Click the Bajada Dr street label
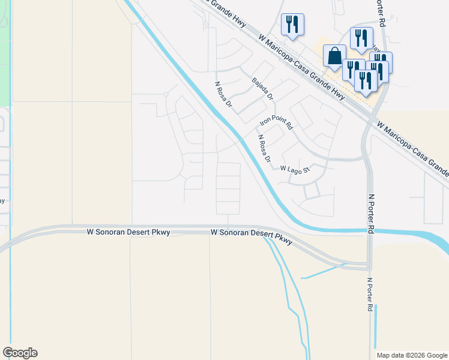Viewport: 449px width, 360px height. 263,89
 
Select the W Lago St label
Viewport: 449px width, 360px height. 294,169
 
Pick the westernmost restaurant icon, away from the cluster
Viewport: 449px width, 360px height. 292,24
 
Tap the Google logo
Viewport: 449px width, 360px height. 20,353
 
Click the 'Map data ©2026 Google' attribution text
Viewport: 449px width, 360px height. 412,355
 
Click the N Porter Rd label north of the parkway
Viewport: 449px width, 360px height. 372,214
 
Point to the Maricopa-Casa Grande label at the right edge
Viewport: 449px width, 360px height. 414,148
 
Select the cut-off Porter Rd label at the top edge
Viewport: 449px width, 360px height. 379,7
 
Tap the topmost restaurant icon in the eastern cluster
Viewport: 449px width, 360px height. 361,37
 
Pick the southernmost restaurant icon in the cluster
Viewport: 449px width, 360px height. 365,80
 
